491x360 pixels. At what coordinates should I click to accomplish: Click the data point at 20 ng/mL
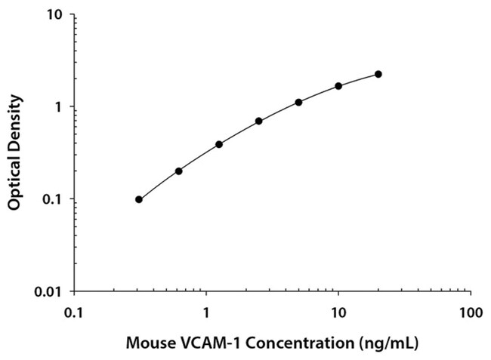[378, 74]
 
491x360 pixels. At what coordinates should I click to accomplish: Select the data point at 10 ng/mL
[338, 86]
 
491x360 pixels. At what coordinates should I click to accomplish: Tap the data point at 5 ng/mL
[298, 102]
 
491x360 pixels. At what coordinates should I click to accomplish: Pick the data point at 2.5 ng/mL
[258, 121]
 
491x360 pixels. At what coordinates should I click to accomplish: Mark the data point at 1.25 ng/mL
[219, 144]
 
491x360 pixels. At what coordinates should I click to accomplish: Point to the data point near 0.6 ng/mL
[179, 171]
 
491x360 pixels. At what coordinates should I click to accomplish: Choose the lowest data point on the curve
[139, 199]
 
